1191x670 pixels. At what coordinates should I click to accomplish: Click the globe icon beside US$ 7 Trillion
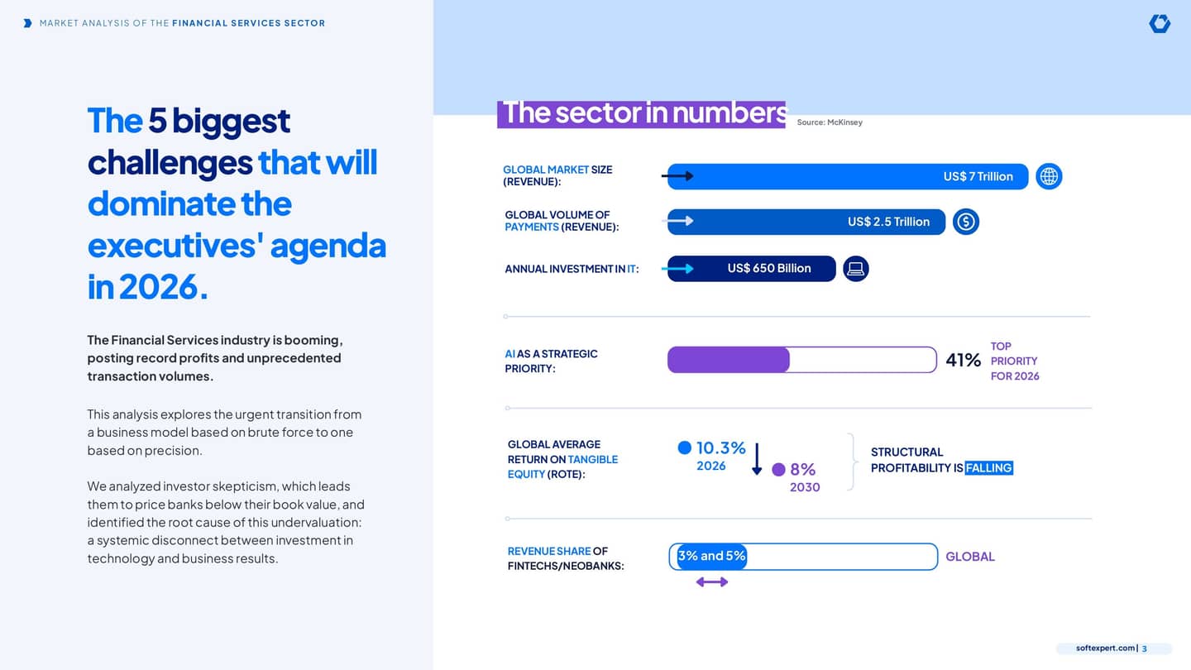(x=1049, y=176)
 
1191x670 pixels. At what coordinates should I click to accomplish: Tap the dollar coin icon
(x=965, y=222)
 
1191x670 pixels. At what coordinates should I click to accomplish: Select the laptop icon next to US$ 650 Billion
(x=855, y=269)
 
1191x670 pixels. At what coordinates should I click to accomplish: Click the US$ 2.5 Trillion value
(x=888, y=222)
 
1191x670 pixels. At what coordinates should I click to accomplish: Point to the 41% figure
(x=963, y=360)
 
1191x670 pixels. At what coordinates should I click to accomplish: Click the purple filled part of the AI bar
(x=729, y=360)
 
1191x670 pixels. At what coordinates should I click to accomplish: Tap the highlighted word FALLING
(x=988, y=468)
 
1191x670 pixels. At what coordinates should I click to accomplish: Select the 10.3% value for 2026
(x=721, y=447)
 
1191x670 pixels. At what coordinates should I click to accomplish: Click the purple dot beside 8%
(x=778, y=470)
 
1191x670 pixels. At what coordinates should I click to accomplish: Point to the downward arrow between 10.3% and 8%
(x=757, y=459)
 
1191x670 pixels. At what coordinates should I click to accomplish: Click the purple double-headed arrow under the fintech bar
(x=712, y=582)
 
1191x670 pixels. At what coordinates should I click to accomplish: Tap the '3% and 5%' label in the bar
(x=711, y=556)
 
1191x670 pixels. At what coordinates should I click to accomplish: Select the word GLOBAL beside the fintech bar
(x=970, y=556)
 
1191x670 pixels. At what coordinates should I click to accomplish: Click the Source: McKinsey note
(x=830, y=122)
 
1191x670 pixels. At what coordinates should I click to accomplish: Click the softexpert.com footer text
(x=1105, y=648)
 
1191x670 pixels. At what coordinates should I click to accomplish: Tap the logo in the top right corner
(x=1160, y=23)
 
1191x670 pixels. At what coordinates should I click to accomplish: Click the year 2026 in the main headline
(x=159, y=287)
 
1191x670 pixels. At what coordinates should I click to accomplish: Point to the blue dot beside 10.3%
(x=684, y=447)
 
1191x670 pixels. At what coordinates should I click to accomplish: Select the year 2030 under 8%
(x=805, y=487)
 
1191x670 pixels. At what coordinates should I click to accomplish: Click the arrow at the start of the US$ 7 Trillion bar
(x=677, y=176)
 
